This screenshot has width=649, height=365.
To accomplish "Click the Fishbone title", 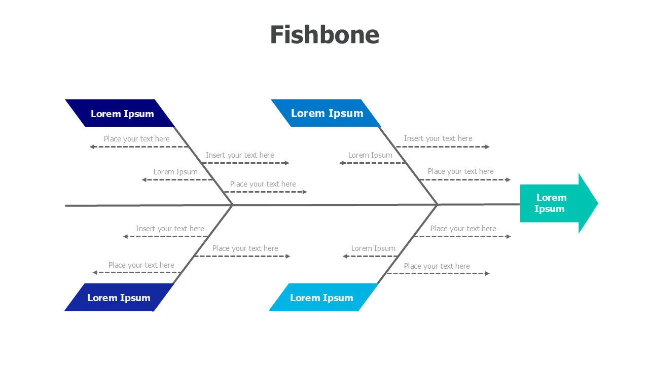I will [x=324, y=34].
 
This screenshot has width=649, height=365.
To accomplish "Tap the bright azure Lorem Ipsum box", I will [x=326, y=113].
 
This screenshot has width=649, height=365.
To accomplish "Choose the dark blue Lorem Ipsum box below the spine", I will [x=119, y=298].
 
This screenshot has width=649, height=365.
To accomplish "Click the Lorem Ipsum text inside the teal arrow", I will [x=551, y=203].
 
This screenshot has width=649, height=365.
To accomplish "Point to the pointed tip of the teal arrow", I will [x=597, y=203].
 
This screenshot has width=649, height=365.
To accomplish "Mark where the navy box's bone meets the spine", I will [x=232, y=205].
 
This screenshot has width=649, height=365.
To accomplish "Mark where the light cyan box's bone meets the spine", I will [x=437, y=205].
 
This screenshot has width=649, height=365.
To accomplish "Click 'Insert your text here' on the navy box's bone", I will [x=240, y=155].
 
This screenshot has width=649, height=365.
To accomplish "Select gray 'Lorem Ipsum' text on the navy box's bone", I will [x=175, y=172].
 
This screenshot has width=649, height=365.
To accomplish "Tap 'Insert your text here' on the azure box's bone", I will [x=438, y=138].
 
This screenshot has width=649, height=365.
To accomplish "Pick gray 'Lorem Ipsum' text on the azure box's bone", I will [x=370, y=155].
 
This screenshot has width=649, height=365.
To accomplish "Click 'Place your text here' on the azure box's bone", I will [x=460, y=171].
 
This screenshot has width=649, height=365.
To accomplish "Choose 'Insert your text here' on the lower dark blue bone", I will [x=170, y=229].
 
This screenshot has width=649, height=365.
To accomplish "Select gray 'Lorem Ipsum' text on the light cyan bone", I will [x=373, y=248].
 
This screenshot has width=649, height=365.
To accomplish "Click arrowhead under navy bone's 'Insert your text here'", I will [x=287, y=163].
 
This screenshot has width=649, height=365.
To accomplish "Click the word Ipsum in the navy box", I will [x=138, y=114].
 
